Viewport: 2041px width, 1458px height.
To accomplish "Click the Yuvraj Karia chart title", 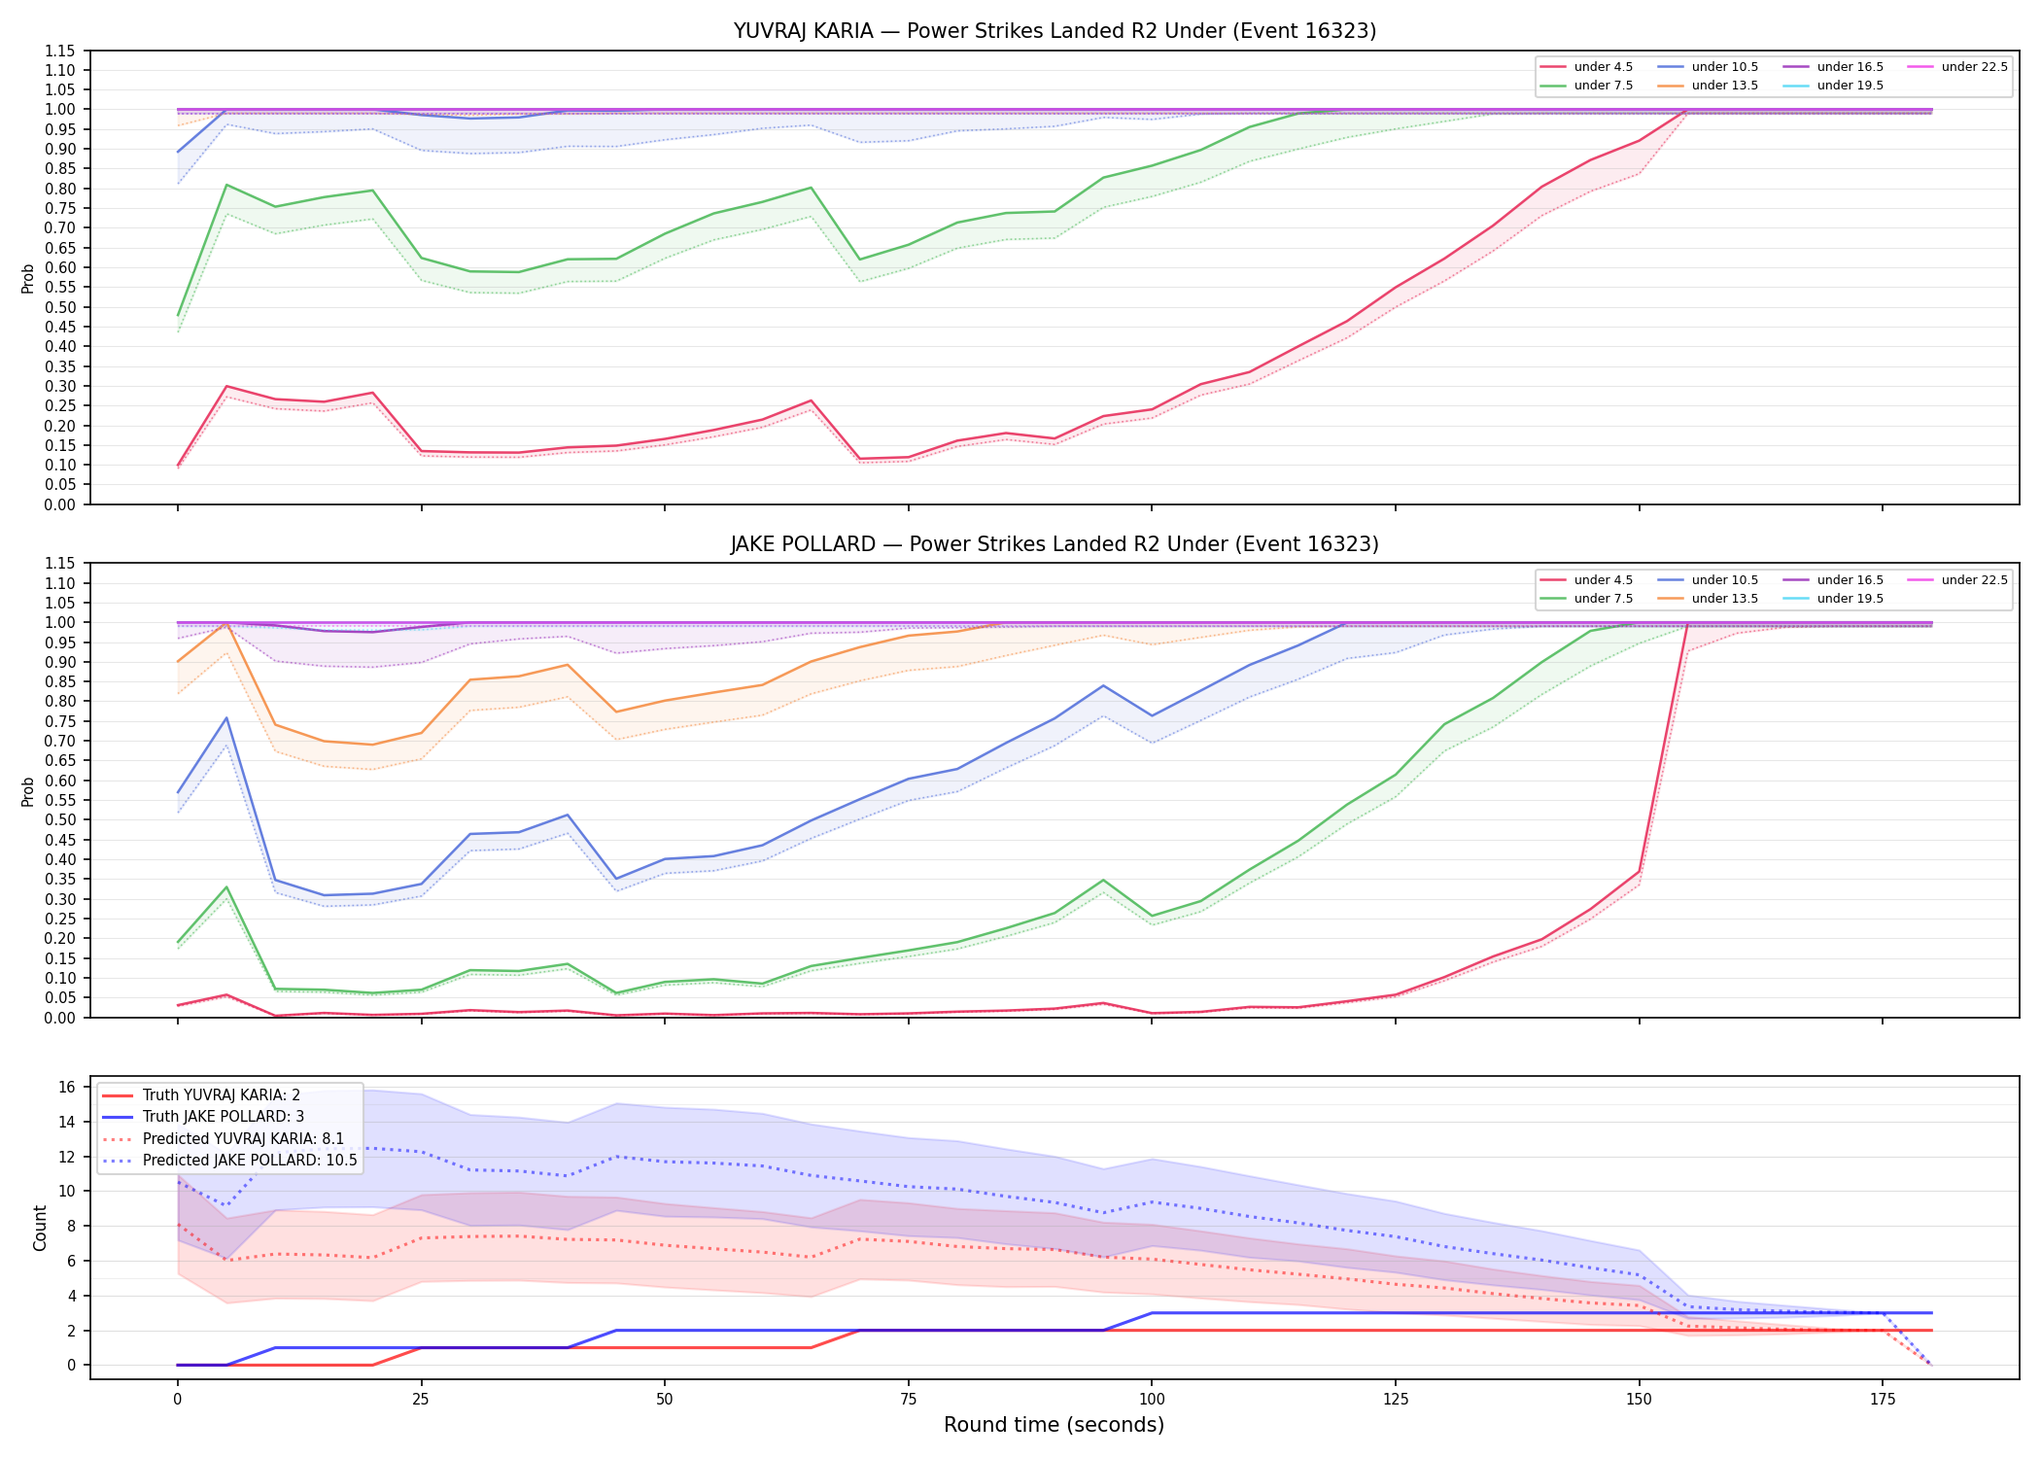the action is (x=1055, y=31).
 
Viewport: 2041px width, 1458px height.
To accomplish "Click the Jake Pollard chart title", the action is (x=1055, y=544).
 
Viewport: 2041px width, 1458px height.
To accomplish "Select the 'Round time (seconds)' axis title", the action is (x=1054, y=1425).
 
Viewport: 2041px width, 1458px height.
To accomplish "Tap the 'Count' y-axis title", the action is (x=40, y=1228).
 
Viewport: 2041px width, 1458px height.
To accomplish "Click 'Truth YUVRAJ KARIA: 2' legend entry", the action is (x=221, y=1095).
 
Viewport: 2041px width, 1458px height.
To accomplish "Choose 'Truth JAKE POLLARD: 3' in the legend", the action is (x=224, y=1117).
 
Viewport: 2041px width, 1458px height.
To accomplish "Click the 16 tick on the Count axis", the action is (x=67, y=1087).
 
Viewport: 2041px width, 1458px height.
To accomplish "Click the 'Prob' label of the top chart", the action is (x=28, y=278).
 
